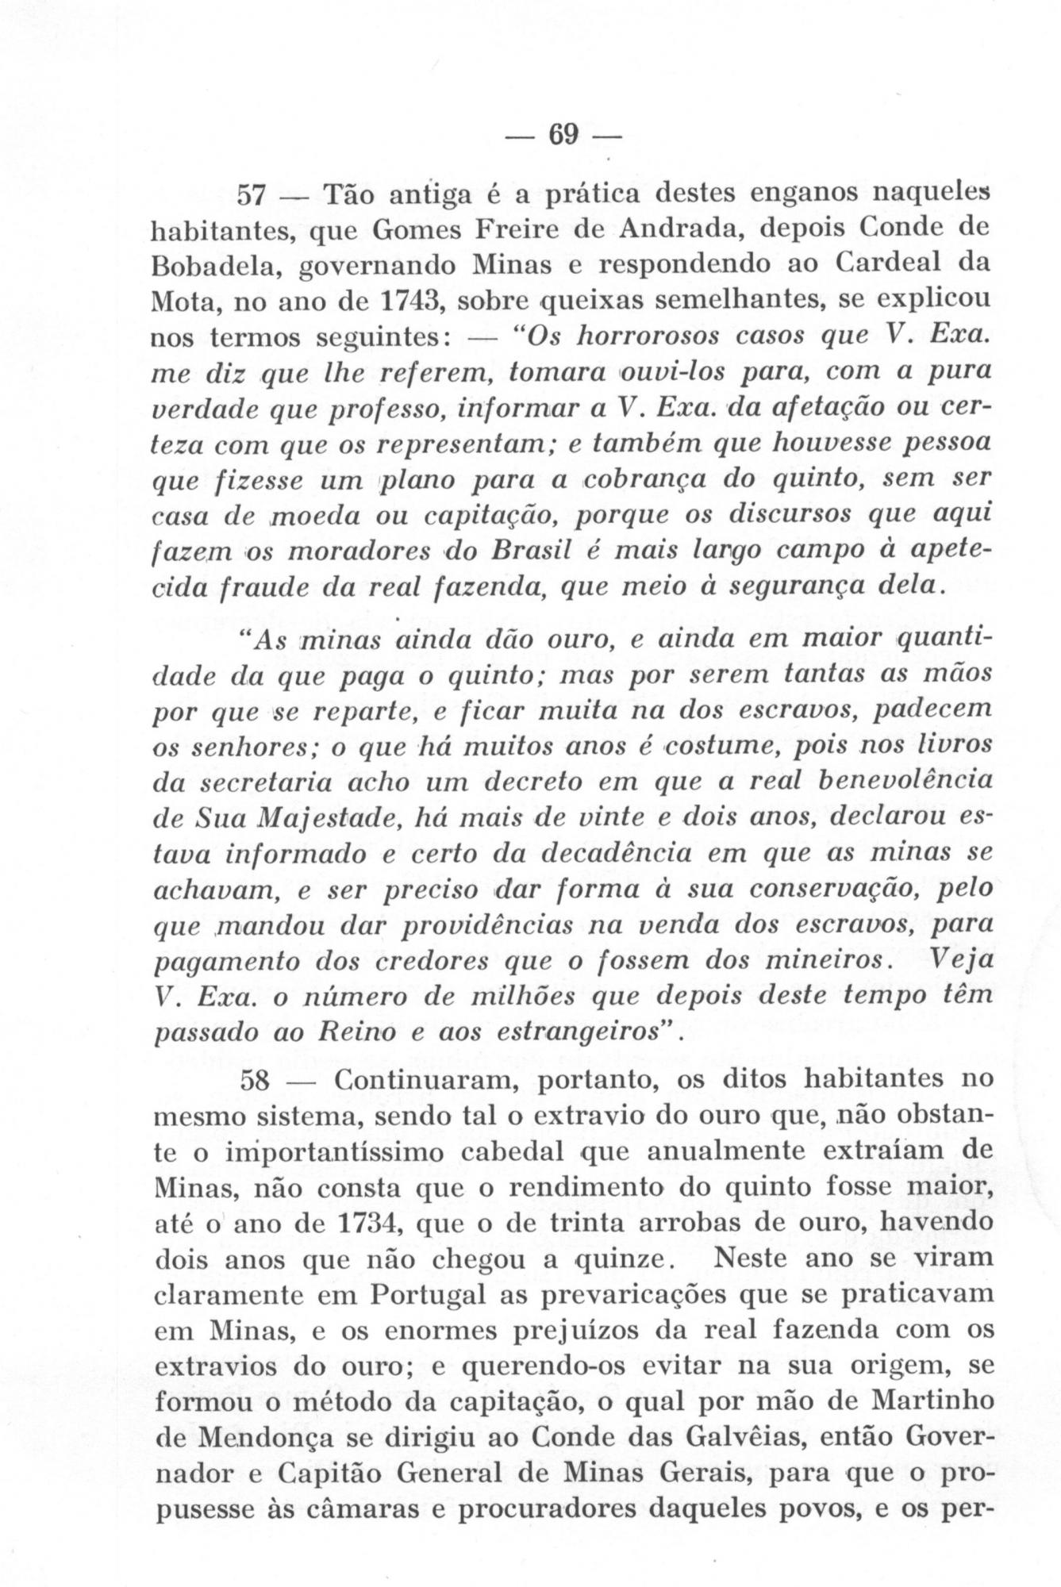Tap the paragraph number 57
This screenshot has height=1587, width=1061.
coord(256,194)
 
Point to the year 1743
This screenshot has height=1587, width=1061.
coord(412,302)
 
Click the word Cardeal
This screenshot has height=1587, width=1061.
coord(877,266)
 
